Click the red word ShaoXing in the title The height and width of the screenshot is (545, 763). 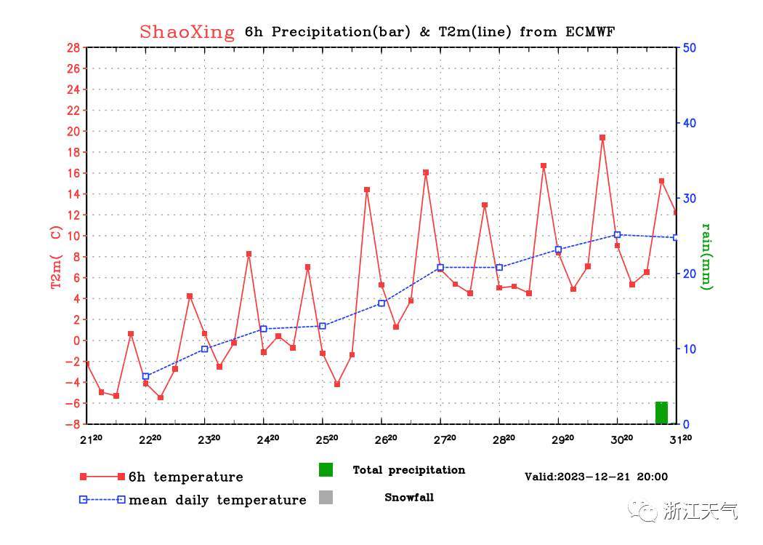[187, 32]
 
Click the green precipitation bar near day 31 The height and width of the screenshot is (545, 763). [661, 413]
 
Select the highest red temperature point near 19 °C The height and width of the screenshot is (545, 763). [602, 138]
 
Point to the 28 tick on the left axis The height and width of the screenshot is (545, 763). [73, 48]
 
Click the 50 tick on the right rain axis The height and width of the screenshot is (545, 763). [690, 48]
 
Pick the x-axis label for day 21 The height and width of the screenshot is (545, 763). [91, 439]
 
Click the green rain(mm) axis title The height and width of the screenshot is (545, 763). [706, 256]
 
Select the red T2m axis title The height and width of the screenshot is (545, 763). [56, 257]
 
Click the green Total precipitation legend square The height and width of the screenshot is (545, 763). [326, 470]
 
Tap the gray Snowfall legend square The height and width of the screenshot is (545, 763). [326, 498]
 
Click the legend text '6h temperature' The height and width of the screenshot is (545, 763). [185, 477]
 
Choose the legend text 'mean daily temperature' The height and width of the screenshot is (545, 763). [217, 501]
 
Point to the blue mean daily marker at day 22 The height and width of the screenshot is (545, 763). [146, 376]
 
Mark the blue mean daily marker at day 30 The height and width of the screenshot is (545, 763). [618, 235]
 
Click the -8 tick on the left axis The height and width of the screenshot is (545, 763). [73, 424]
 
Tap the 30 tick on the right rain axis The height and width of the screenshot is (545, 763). [690, 199]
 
